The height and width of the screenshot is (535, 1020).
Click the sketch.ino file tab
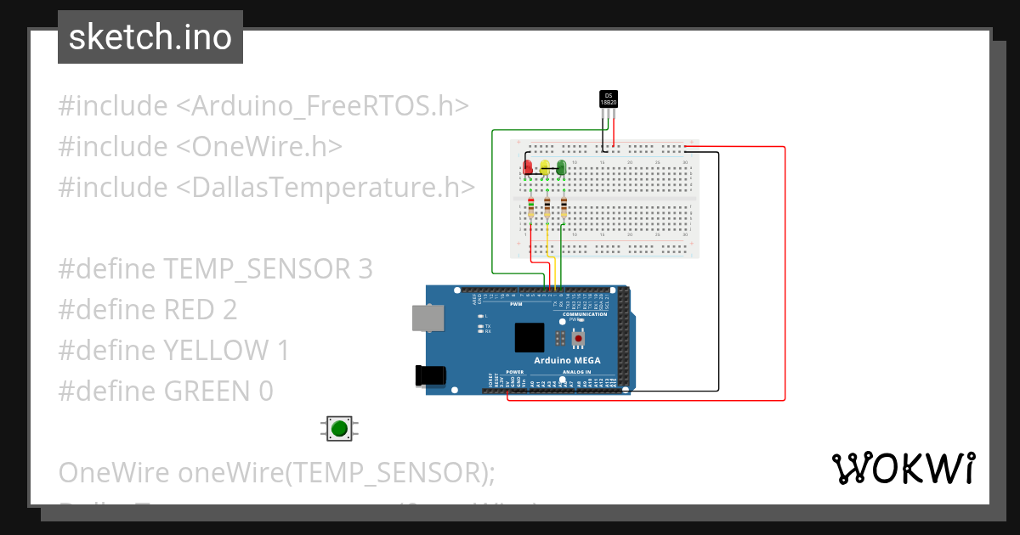[150, 37]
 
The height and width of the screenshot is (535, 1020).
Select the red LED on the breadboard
[528, 167]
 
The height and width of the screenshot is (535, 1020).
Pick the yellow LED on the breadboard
[545, 167]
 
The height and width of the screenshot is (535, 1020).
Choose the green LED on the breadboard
[561, 167]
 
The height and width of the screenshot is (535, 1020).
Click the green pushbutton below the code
[339, 428]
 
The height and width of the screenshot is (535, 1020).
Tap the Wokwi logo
[903, 468]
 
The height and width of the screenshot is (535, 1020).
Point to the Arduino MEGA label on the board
[567, 360]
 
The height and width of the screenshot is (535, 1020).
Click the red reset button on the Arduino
[579, 339]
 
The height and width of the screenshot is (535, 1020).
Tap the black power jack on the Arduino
[429, 376]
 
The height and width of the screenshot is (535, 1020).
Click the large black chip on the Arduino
[529, 337]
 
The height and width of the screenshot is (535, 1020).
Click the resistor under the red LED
[531, 208]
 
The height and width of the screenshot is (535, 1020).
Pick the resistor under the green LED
[564, 208]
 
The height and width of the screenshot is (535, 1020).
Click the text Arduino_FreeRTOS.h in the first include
[331, 105]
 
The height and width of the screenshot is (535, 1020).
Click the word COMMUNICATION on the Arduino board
[585, 314]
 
